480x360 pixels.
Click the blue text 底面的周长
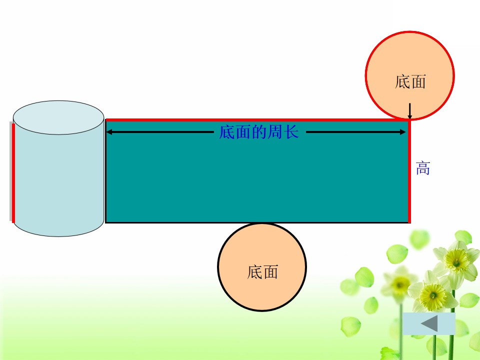pos(258,132)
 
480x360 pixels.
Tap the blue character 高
pos(423,168)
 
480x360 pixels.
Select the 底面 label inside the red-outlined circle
pos(410,81)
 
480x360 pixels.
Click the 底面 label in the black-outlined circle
pos(262,272)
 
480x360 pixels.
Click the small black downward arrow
pos(409,111)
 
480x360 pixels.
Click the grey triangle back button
pos(429,323)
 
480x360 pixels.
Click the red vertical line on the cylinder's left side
pos(13,172)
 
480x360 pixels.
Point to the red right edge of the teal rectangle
pos(409,171)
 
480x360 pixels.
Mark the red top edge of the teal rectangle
pos(257,120)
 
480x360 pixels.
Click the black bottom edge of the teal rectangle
pos(256,222)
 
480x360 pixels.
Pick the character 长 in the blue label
pos(291,132)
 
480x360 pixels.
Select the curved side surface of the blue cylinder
pos(58,183)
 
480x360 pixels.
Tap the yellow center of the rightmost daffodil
pos(456,260)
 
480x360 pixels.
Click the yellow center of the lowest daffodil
pos(432,296)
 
